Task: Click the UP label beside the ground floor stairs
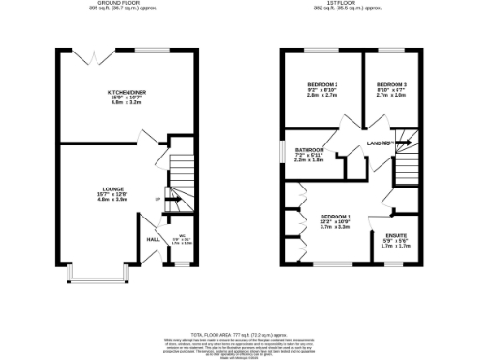[157, 200]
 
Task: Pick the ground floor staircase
[179, 178]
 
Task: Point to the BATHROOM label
[309, 150]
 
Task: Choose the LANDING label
[379, 142]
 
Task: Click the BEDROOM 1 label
[335, 216]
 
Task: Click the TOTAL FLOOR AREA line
[240, 307]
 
